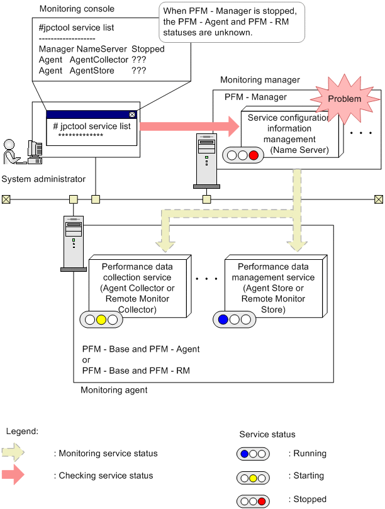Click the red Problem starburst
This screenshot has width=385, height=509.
tap(343, 99)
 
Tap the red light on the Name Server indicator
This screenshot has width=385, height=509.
tap(253, 155)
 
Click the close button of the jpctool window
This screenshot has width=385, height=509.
tap(131, 115)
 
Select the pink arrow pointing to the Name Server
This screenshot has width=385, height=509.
tap(189, 126)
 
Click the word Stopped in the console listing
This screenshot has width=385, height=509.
tap(148, 49)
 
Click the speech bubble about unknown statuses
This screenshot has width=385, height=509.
tap(233, 24)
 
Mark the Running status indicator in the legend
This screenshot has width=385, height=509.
tap(253, 452)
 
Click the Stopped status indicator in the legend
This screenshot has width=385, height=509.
tap(253, 500)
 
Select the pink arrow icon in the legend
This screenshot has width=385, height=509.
tap(14, 476)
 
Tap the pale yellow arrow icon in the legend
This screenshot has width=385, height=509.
tap(14, 453)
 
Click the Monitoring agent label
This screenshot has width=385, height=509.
tap(114, 390)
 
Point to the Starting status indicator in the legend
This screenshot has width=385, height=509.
tap(253, 476)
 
